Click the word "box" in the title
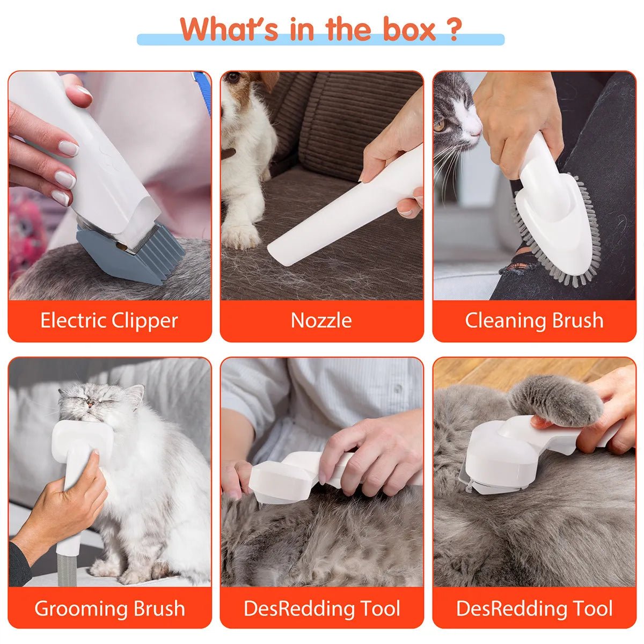coord(408,30)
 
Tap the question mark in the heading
coord(454,30)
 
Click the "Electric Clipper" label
coord(109,320)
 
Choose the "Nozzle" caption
coord(321,320)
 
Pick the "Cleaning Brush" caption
coord(534,320)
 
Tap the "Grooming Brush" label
coord(109,609)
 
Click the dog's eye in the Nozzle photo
coord(233,78)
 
